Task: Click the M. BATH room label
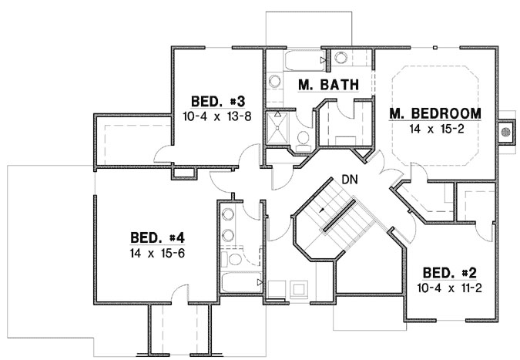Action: pyautogui.click(x=327, y=86)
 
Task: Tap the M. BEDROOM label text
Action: pyautogui.click(x=435, y=113)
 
